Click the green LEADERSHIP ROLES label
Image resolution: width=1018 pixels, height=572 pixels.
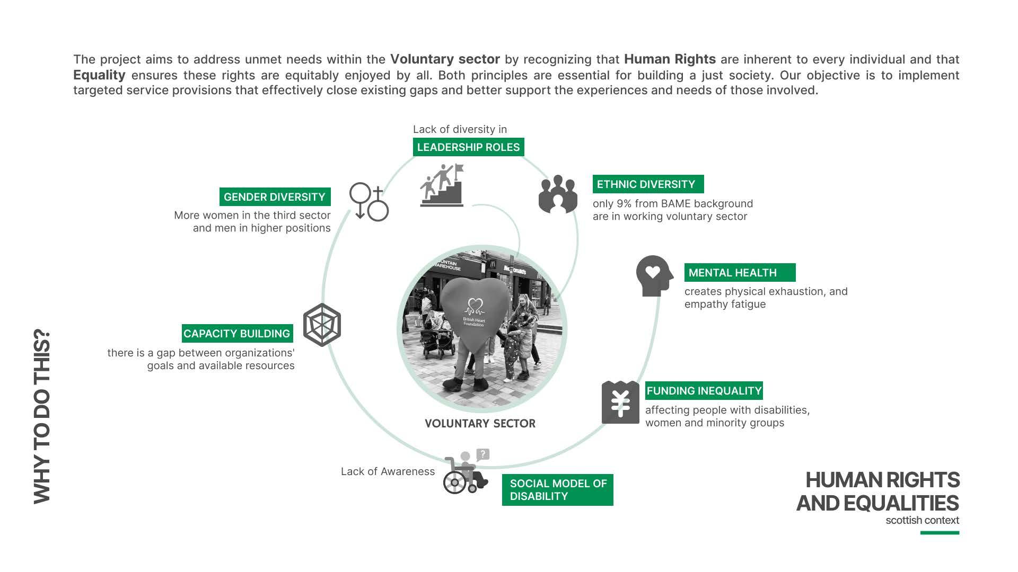tap(468, 147)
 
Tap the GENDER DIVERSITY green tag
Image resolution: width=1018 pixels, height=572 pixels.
tap(275, 197)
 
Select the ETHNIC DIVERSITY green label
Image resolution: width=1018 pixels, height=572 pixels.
tap(648, 184)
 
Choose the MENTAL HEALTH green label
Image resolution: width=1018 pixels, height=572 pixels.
tap(740, 273)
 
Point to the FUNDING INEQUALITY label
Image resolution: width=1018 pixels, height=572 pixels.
tap(704, 391)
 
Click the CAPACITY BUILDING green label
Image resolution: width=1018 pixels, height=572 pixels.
tap(237, 334)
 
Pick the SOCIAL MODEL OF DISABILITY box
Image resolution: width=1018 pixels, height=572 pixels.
tap(557, 490)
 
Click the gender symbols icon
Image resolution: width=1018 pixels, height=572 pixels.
tap(368, 202)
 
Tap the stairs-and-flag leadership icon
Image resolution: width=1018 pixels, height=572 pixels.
tap(442, 185)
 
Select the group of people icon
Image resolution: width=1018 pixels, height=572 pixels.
tap(558, 194)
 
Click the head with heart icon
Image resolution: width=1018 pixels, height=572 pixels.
tap(654, 276)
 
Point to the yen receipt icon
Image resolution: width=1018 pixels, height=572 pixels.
tap(620, 403)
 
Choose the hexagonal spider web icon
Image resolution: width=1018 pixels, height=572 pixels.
tap(322, 325)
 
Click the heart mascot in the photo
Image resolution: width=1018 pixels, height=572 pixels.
tap(473, 318)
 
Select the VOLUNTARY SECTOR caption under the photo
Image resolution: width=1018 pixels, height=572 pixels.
tap(480, 424)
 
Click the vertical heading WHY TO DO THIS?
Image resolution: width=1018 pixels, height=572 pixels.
tap(42, 417)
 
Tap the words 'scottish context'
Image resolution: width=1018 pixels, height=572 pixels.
tap(922, 521)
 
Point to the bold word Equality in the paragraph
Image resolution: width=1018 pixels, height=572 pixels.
tap(99, 75)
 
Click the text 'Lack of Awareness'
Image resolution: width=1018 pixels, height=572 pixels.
tap(388, 471)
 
